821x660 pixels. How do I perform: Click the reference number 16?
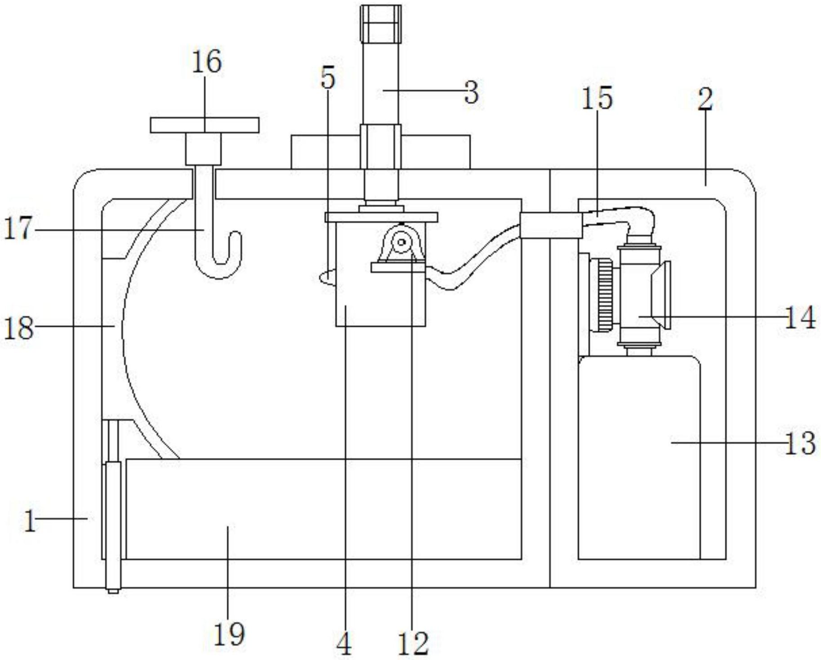[207, 62]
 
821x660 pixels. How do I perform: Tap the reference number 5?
[328, 78]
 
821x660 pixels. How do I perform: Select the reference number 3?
[471, 92]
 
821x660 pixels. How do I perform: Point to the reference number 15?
[597, 98]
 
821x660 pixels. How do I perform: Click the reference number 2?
[705, 99]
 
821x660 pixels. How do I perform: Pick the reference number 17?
[19, 228]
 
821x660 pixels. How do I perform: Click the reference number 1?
[30, 522]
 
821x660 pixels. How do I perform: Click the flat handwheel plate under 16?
[204, 125]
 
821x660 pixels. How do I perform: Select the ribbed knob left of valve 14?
[605, 295]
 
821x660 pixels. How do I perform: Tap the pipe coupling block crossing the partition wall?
[551, 225]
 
